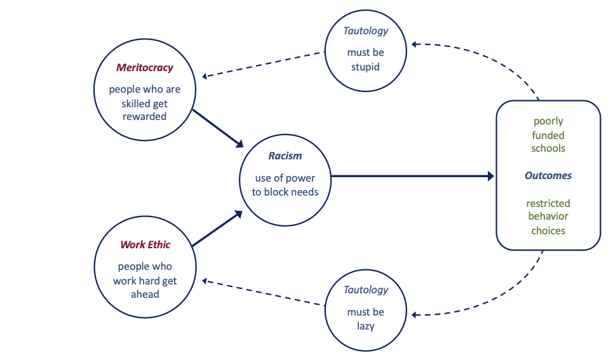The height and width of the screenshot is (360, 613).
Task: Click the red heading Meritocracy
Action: coord(145,68)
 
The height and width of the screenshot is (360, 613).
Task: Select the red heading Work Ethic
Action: coord(145,244)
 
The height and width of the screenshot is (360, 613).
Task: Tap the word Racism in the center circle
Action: coord(285,156)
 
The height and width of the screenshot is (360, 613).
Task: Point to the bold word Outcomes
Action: coord(548,175)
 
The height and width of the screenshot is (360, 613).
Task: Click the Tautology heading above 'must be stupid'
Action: coord(365,31)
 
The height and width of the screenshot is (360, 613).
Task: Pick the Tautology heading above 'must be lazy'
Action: coord(365,290)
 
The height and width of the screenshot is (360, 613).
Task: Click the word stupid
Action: coord(365,66)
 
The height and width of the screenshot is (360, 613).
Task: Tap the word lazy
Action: coord(365,326)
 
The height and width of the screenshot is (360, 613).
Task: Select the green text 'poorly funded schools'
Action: coord(548,135)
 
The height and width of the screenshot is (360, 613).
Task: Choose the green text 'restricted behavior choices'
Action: coord(548,217)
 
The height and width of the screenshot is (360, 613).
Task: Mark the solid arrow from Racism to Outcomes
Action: coord(413,176)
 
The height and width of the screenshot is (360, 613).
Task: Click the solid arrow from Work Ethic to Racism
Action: coord(217,229)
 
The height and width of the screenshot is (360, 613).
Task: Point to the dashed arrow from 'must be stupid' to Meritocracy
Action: coord(264,65)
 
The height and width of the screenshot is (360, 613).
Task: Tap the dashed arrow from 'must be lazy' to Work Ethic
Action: coord(264,293)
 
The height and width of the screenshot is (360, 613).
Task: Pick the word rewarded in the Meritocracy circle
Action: coord(145,116)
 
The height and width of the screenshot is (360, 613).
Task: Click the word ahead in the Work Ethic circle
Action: coord(145,294)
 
